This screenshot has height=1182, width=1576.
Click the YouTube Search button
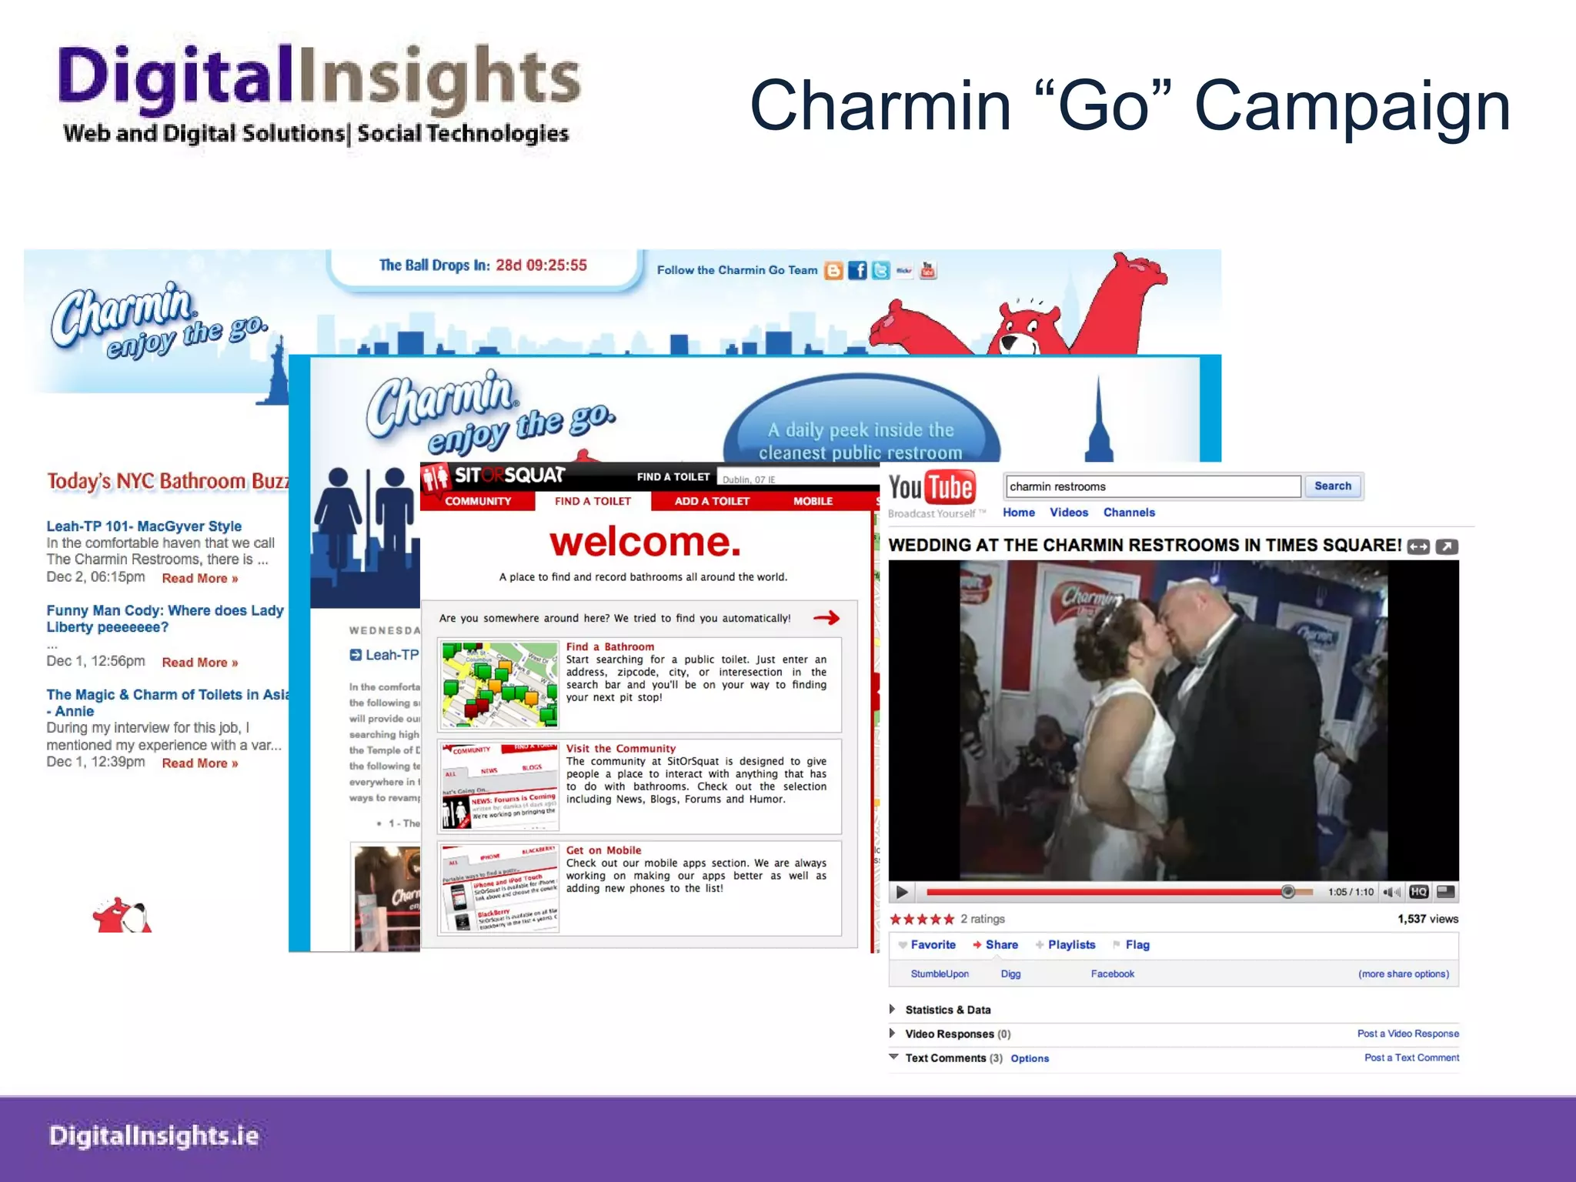(1332, 486)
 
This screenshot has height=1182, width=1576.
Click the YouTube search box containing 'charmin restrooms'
(1152, 486)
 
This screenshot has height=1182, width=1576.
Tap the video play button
(902, 893)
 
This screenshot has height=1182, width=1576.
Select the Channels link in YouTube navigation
(1128, 513)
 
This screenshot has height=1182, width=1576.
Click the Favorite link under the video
(932, 945)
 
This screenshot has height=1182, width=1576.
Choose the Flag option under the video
(1137, 945)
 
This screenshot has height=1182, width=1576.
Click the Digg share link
(1010, 974)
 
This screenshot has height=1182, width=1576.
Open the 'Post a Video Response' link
(1407, 1033)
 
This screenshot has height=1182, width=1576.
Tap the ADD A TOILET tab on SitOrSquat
(712, 501)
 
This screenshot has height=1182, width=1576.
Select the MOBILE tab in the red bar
(813, 501)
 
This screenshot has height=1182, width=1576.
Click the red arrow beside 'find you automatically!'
(826, 618)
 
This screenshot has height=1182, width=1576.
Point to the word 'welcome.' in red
(645, 542)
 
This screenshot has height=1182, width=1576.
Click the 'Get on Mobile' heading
(603, 850)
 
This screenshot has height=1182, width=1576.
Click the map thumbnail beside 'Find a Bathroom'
(499, 684)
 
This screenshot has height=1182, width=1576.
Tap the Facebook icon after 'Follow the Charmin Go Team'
(856, 271)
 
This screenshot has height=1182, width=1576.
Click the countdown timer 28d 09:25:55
(541, 265)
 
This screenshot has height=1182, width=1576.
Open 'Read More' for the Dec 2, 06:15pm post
(199, 579)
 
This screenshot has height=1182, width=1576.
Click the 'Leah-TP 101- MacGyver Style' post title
(144, 526)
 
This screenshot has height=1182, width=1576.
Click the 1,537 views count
(1427, 919)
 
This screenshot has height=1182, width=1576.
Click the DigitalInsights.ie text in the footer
(154, 1136)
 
